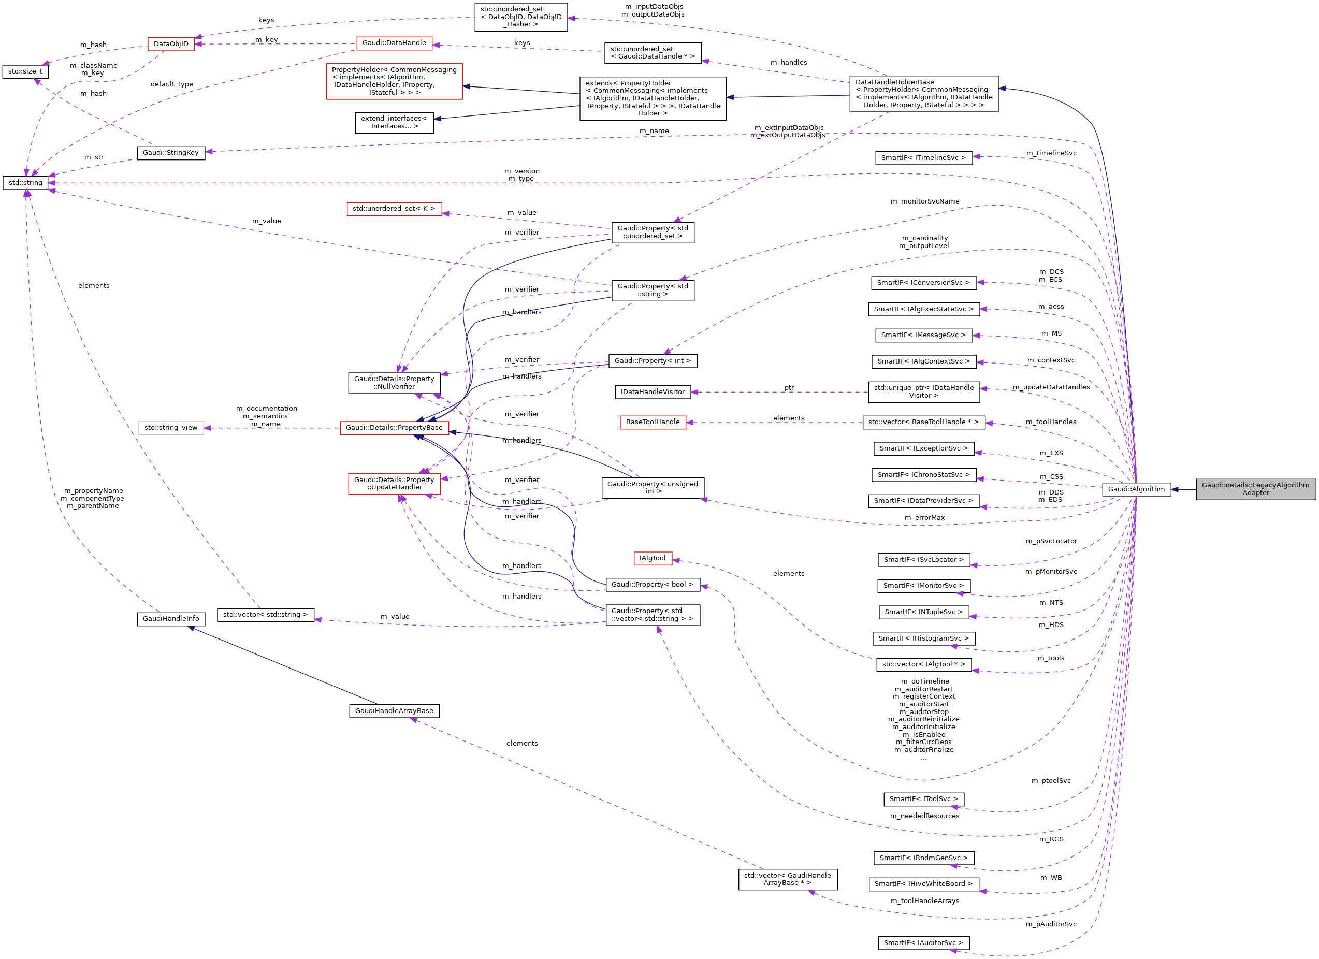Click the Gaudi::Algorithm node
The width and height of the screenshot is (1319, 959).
pyautogui.click(x=1136, y=489)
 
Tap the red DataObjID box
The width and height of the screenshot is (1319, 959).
pyautogui.click(x=170, y=44)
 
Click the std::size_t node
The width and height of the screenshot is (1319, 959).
pyautogui.click(x=25, y=71)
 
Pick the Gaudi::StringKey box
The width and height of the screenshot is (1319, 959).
pyautogui.click(x=170, y=153)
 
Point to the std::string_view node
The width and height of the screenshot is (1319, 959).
pyautogui.click(x=170, y=427)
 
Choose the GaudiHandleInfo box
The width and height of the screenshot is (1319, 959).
pyautogui.click(x=170, y=619)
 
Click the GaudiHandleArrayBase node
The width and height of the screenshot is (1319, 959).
pyautogui.click(x=394, y=710)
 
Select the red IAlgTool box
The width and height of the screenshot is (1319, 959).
pyautogui.click(x=652, y=558)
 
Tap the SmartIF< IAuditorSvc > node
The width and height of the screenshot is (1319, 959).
pyautogui.click(x=923, y=943)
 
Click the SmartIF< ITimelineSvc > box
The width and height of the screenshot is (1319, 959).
pyautogui.click(x=923, y=157)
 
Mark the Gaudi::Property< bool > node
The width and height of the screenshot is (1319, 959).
pyautogui.click(x=652, y=585)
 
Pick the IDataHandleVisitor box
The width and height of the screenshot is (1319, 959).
pyautogui.click(x=652, y=392)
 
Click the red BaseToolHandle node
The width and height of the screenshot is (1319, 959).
pyautogui.click(x=652, y=422)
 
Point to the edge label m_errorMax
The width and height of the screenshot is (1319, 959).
pyautogui.click(x=924, y=518)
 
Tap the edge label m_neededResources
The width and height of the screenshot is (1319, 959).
pyautogui.click(x=924, y=816)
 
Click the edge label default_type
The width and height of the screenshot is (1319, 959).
pyautogui.click(x=171, y=84)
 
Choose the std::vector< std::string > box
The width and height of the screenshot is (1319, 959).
pyautogui.click(x=265, y=615)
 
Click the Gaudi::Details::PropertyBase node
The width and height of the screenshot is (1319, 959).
pyautogui.click(x=394, y=427)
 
